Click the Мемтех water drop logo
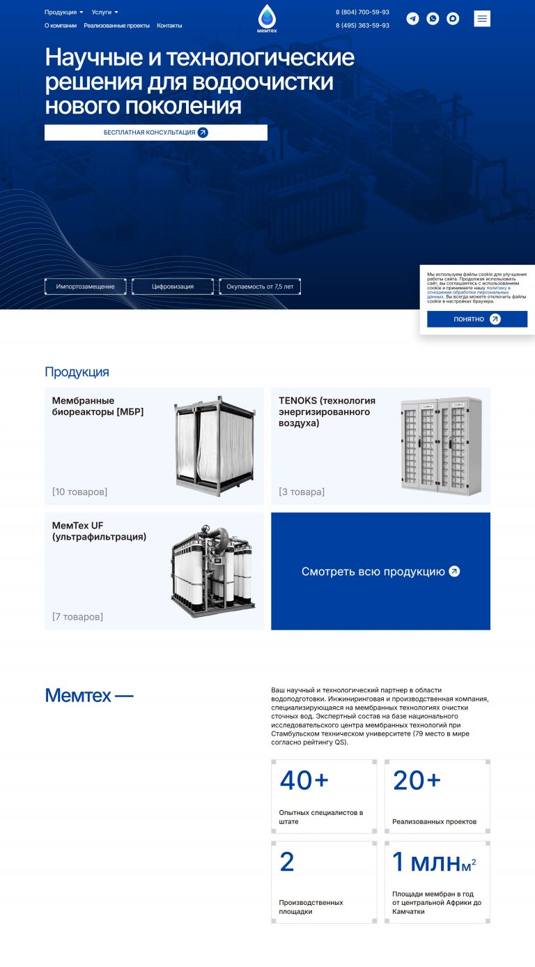267,18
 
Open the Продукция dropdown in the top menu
63,12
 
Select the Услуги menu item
104,12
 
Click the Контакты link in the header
169,26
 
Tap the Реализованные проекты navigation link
116,26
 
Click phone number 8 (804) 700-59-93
362,12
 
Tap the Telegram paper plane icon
412,19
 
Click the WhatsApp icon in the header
433,19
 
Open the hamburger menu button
482,19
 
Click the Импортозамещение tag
86,287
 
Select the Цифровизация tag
173,287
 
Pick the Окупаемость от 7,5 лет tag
260,287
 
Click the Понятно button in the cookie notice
477,319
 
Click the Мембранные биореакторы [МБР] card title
98,406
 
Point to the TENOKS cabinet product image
442,446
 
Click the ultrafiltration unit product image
213,571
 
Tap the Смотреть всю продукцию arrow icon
454,571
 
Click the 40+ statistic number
304,780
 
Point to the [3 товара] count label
302,492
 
